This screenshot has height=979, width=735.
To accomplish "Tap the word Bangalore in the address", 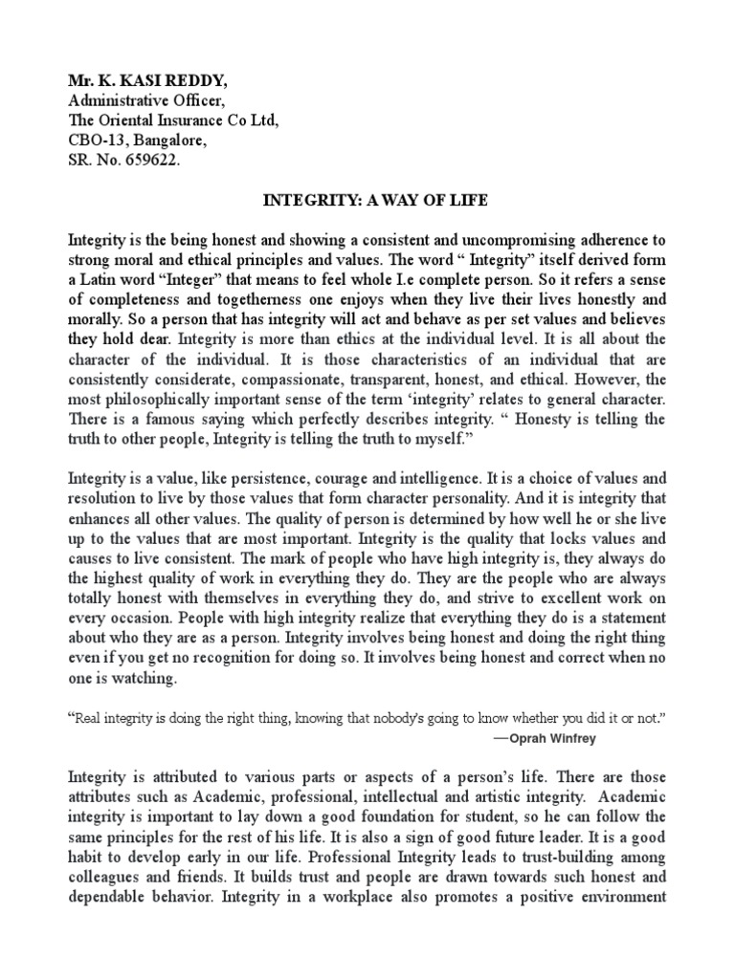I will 169,141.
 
